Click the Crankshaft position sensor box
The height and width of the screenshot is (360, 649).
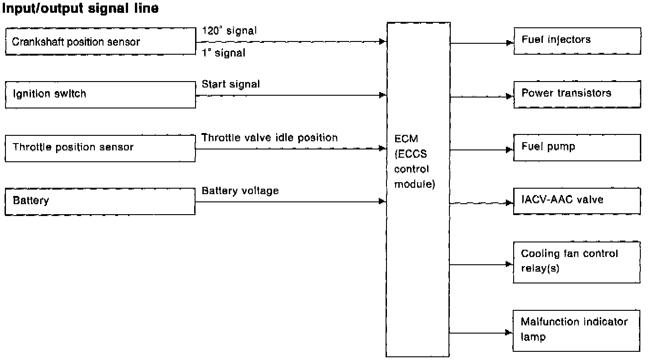(100, 42)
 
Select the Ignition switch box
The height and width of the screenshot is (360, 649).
(100, 95)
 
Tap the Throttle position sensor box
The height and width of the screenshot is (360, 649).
(100, 148)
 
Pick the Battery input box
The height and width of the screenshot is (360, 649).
(100, 201)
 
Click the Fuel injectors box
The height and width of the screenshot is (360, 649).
(577, 41)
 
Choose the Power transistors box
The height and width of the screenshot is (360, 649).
(577, 94)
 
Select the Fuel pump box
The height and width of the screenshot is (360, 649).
(577, 148)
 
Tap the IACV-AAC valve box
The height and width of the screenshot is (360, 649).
(577, 201)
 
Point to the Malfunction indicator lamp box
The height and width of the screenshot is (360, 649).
(577, 330)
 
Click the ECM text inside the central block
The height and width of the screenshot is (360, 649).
(406, 140)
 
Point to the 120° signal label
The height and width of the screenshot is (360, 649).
(229, 31)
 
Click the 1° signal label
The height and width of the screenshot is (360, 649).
(223, 53)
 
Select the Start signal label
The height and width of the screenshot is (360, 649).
(231, 84)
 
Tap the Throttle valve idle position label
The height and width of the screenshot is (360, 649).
(269, 138)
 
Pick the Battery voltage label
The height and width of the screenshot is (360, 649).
(240, 191)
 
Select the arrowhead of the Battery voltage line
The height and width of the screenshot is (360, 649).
(382, 201)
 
